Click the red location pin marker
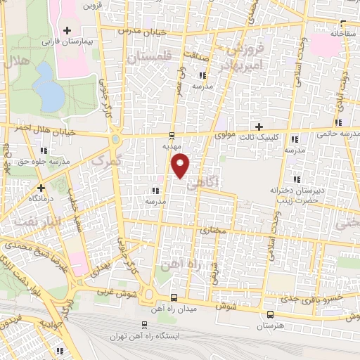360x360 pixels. pyautogui.click(x=181, y=165)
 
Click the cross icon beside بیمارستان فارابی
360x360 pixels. pyautogui.click(x=67, y=30)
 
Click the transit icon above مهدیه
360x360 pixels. pyautogui.click(x=173, y=135)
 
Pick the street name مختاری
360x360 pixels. pyautogui.click(x=212, y=230)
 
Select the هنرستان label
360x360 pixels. pyautogui.click(x=269, y=326)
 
